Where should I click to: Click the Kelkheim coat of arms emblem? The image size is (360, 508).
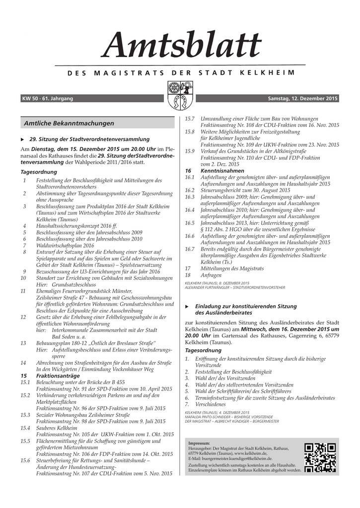(x=180, y=96)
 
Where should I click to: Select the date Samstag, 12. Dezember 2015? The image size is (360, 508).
(x=302, y=99)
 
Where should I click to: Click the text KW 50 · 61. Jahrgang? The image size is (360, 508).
(x=48, y=99)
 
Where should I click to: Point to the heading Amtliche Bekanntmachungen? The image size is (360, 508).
(x=69, y=123)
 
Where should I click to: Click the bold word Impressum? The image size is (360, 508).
(x=199, y=443)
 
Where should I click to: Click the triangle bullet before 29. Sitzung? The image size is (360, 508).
(x=22, y=139)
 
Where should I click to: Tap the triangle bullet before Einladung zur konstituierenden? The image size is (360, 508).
(x=187, y=307)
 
